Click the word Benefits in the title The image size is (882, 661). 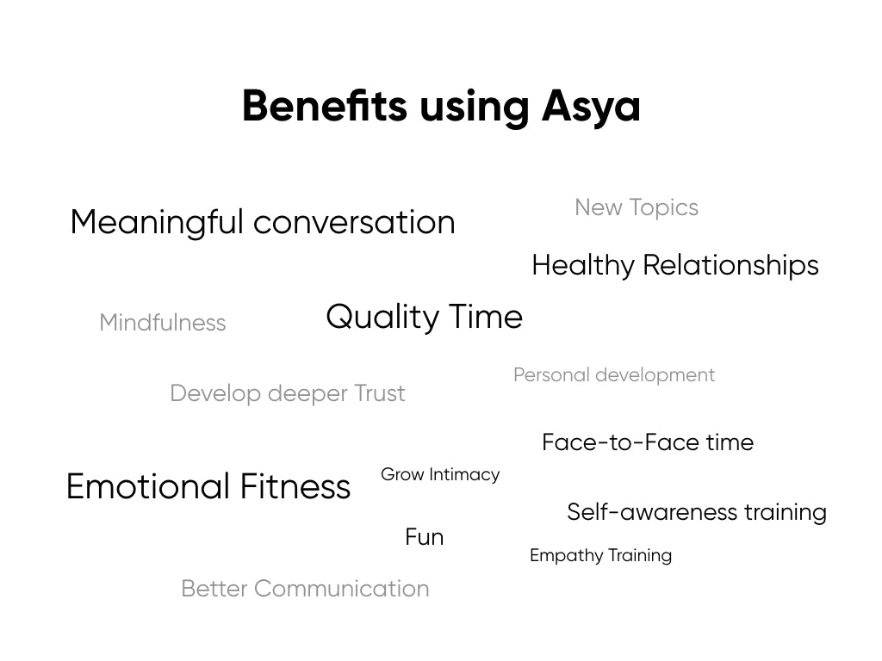(325, 107)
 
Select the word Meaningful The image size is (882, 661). (157, 222)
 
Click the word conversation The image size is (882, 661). (354, 222)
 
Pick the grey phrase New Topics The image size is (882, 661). (636, 207)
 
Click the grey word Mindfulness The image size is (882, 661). (162, 323)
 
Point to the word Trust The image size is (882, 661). (379, 393)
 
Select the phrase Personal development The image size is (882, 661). (613, 375)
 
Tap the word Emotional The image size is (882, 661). (147, 486)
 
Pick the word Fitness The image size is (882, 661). (295, 486)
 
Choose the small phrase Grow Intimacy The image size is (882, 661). (439, 474)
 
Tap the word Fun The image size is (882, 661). (424, 537)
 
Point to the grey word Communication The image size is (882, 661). (341, 589)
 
